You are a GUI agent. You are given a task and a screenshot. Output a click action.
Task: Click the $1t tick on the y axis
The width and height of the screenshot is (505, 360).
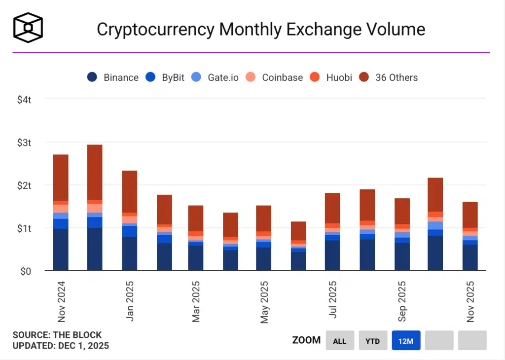tap(25, 228)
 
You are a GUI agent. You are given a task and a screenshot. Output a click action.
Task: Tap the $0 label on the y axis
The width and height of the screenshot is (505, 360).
tap(26, 271)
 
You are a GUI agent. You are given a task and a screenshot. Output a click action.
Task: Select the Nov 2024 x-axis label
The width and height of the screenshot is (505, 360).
tap(61, 301)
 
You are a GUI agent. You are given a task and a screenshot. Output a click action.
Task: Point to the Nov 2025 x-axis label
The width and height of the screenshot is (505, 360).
tap(470, 301)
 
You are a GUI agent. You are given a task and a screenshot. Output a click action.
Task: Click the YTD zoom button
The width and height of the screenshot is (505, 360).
tap(372, 340)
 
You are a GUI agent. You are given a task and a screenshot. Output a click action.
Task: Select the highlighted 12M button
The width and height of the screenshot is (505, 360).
tap(406, 340)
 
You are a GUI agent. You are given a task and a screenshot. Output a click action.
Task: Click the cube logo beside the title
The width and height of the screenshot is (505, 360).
tap(28, 27)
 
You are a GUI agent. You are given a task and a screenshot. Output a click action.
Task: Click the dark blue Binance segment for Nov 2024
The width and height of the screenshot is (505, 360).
tap(61, 250)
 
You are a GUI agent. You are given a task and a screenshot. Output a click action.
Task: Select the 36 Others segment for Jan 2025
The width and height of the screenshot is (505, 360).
tap(130, 191)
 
